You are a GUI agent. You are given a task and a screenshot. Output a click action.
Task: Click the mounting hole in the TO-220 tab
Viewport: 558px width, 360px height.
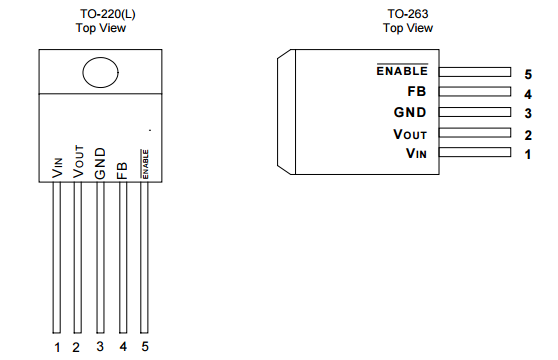click(100, 73)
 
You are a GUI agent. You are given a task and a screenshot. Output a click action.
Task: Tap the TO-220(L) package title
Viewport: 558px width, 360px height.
click(108, 14)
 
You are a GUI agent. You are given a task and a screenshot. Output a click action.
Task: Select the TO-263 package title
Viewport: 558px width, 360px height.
click(408, 14)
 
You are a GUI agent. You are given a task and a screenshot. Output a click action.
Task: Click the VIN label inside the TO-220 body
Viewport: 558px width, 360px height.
click(57, 168)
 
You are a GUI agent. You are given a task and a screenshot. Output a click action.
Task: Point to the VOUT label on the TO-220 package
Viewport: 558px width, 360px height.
click(78, 162)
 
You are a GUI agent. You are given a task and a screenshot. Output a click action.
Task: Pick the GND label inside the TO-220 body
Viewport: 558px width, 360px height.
click(100, 164)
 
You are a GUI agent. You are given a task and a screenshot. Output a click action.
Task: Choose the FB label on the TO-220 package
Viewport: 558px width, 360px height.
click(122, 171)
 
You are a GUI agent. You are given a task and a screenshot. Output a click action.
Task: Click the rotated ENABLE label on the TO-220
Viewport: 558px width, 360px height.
click(145, 164)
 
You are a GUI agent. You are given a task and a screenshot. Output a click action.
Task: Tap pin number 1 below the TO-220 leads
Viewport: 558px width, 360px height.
click(57, 347)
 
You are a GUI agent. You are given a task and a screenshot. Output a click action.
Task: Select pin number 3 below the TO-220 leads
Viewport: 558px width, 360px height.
click(100, 346)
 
